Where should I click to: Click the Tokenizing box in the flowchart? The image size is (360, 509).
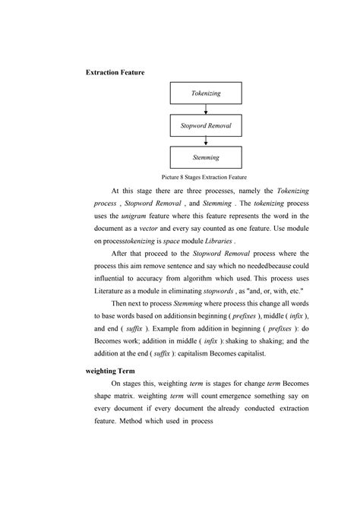(x=207, y=93)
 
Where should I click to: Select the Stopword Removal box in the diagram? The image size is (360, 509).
(x=207, y=125)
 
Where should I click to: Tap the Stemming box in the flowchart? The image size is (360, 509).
(x=207, y=157)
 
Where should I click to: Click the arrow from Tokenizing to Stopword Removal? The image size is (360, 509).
(x=207, y=109)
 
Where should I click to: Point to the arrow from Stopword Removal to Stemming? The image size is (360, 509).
(x=207, y=141)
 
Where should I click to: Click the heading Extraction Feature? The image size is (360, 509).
(x=115, y=72)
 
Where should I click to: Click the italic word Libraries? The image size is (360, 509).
(x=242, y=241)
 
